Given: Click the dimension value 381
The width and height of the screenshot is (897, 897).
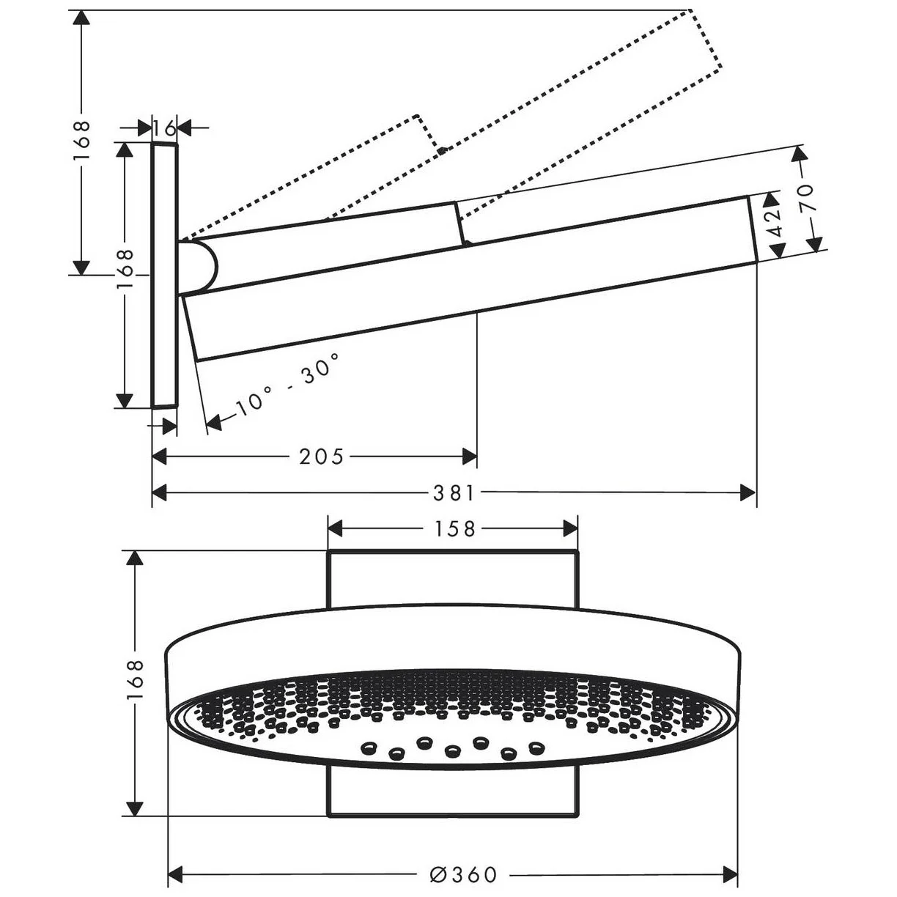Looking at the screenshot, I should click(453, 494).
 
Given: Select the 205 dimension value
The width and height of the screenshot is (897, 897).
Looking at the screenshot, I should click(321, 457).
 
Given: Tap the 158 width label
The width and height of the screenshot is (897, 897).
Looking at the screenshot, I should click(453, 528).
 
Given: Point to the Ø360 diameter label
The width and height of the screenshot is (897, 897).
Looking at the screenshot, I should click(463, 874).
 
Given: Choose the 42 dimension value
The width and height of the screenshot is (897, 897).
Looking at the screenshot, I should click(775, 218).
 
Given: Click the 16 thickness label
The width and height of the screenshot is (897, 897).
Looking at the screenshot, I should click(166, 128).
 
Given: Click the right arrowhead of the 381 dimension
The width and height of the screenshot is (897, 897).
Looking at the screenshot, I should click(748, 494).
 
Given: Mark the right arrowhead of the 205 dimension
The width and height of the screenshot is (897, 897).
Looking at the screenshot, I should click(469, 457).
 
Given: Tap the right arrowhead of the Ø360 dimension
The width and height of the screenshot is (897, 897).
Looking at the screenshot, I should click(729, 874).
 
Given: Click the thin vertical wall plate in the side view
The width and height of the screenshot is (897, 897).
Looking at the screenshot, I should click(164, 276).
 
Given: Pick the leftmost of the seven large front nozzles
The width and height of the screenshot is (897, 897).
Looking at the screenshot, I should click(368, 747).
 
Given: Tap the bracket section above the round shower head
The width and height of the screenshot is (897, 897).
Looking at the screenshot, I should click(453, 579).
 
